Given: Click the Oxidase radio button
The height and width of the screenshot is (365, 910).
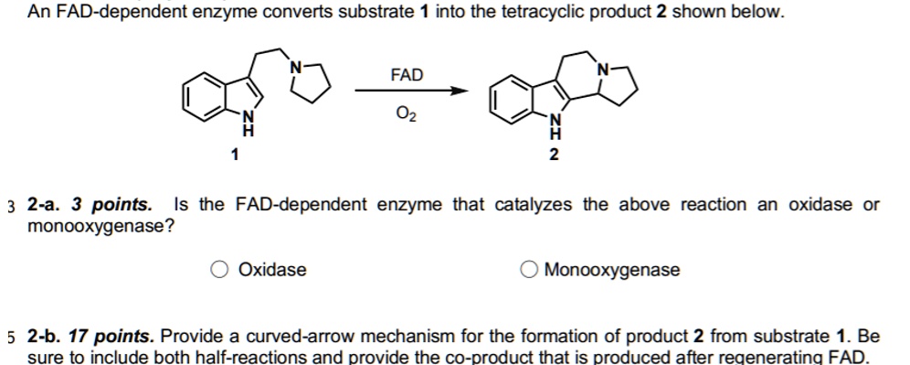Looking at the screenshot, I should click(219, 270).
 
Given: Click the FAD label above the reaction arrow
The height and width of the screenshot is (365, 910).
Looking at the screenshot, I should click(407, 74).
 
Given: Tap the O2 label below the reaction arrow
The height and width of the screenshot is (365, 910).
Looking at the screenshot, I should click(407, 114).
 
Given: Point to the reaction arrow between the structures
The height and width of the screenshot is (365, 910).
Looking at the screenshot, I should click(411, 91).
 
